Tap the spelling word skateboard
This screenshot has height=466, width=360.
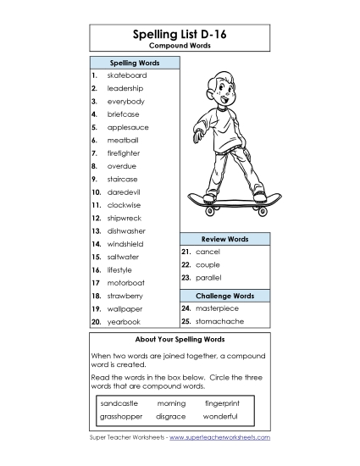[126, 75]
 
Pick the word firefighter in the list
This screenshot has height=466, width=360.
[124, 153]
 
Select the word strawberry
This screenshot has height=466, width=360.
[125, 296]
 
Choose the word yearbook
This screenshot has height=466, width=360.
[123, 322]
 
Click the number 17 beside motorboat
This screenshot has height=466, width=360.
[95, 283]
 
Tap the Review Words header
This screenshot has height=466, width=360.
[224, 240]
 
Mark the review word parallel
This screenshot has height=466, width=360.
[208, 277]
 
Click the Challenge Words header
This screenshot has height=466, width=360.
[224, 296]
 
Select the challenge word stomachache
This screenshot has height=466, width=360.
[217, 322]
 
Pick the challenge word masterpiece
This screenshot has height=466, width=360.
[217, 308]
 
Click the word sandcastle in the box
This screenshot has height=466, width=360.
[119, 403]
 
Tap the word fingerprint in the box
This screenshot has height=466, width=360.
[222, 403]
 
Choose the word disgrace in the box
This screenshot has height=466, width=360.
[171, 416]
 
